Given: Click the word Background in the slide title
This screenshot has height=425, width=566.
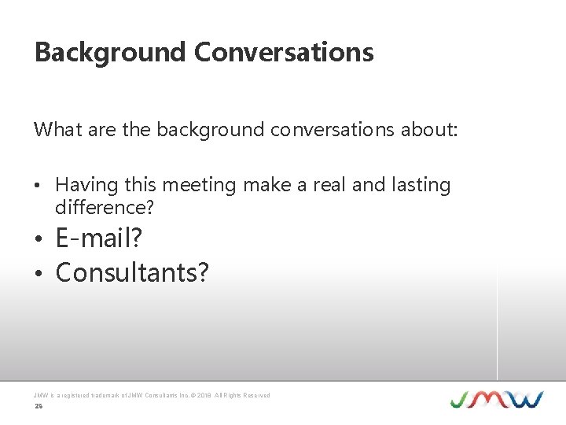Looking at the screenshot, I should click(x=110, y=53).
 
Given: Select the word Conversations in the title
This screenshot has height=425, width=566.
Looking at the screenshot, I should click(x=284, y=53).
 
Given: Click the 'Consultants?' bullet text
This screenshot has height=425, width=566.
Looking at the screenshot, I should click(x=132, y=272).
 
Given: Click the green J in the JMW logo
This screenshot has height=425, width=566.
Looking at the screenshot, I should click(x=461, y=399).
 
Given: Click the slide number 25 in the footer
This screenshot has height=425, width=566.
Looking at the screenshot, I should click(x=38, y=407).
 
